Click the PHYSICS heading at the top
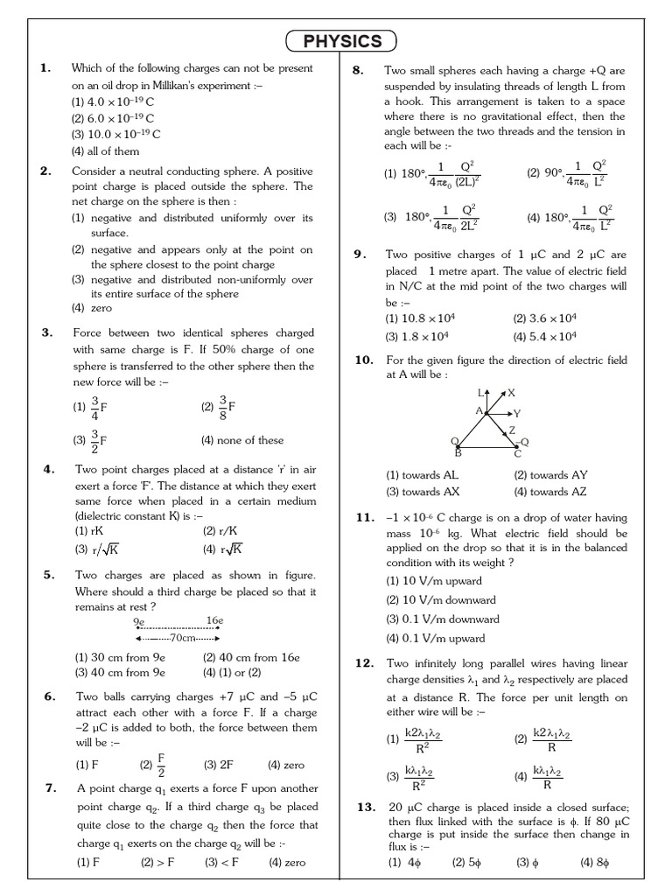(x=341, y=41)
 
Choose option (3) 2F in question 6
(x=219, y=764)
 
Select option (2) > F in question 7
(x=158, y=862)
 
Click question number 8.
(x=357, y=70)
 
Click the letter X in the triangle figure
(x=511, y=393)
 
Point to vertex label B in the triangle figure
(x=457, y=453)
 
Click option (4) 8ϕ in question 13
(x=594, y=862)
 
